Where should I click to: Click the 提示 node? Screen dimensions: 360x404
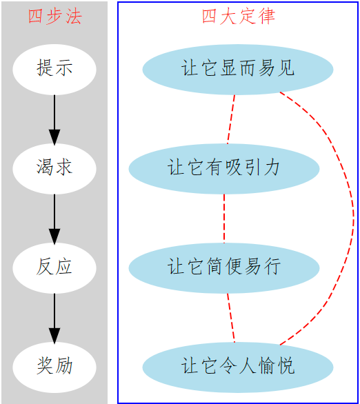pos(54,70)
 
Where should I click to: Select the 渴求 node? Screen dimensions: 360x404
pos(54,169)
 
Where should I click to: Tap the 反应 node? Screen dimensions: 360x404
pos(54,268)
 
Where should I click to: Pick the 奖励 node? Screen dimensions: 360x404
pos(54,367)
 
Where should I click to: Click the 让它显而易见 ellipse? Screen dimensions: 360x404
pos(238,70)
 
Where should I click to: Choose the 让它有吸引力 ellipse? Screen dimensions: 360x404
pos(224,169)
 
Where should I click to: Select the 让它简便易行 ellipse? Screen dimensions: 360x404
pos(224,268)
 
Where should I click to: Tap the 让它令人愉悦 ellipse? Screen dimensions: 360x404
pos(238,367)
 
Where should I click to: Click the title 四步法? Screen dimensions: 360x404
pos(55,17)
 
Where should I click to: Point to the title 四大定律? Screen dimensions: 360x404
pos(239,17)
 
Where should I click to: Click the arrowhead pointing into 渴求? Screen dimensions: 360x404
pos(54,137)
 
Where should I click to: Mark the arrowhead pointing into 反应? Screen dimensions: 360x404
pos(54,236)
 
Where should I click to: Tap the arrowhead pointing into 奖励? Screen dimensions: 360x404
pos(54,336)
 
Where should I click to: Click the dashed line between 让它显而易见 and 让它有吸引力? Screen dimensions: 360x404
pos(231,119)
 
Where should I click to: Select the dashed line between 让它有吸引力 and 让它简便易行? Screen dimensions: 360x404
pos(224,219)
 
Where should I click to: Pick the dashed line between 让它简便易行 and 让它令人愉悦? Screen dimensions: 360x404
pos(231,318)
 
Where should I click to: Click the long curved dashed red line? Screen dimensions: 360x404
pos(354,219)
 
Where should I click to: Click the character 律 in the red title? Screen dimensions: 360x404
pos(267,17)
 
